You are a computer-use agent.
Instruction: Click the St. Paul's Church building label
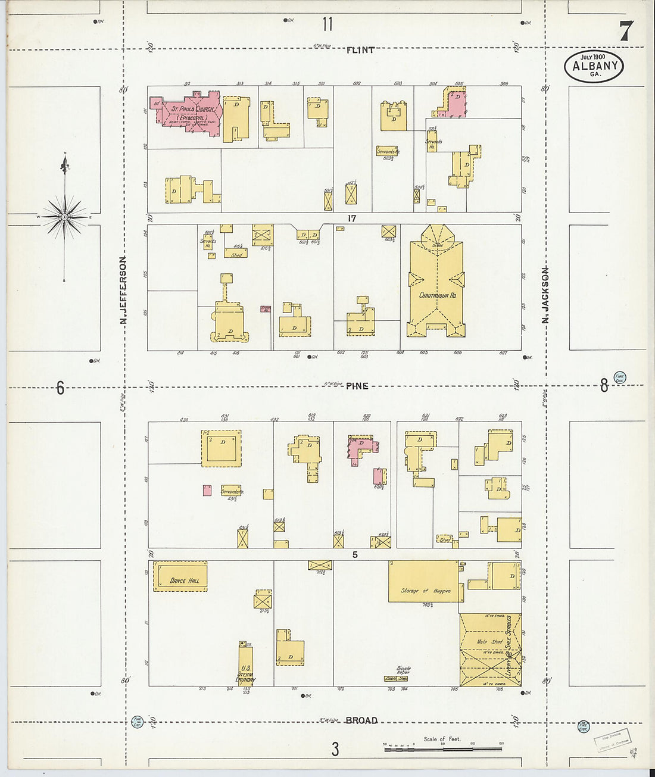coord(192,110)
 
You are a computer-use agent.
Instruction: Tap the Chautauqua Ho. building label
coord(438,295)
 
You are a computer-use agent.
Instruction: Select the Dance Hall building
coord(180,576)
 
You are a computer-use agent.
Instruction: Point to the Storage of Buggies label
coord(425,591)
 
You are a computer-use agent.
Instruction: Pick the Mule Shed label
coord(489,642)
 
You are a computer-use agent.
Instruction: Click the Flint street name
coord(360,50)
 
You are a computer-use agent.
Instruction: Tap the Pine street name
coord(357,386)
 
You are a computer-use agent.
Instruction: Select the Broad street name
coord(361,720)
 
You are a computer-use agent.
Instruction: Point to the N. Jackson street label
coord(545,295)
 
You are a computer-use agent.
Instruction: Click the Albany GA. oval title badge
coord(594,66)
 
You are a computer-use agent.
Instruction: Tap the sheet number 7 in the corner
coord(625,31)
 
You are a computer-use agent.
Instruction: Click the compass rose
coord(64,216)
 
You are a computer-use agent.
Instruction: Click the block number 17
coord(352,219)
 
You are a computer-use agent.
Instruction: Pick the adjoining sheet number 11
coord(327,24)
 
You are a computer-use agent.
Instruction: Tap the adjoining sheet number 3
coord(335,749)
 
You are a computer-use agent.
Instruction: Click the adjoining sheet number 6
coord(60,388)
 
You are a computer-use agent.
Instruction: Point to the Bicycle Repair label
coord(404,670)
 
